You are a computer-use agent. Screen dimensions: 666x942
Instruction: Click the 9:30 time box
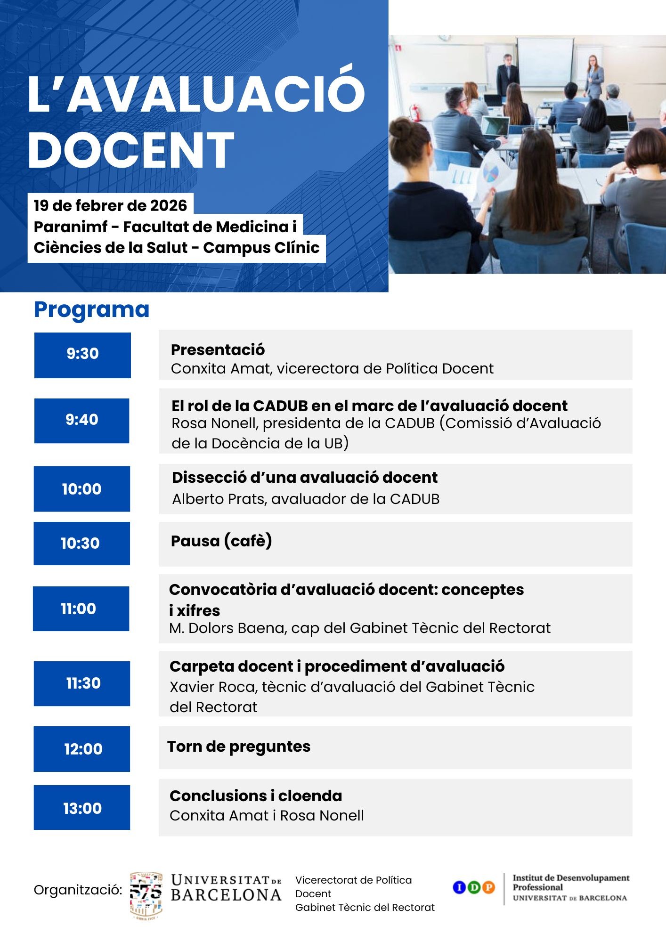(82, 355)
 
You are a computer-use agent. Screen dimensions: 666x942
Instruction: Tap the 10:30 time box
(82, 544)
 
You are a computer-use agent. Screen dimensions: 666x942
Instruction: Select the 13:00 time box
(82, 807)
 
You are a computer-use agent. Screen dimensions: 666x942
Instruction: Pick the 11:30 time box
(82, 683)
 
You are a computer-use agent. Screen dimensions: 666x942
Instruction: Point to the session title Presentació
(218, 349)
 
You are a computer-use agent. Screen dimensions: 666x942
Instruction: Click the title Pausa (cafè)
(221, 541)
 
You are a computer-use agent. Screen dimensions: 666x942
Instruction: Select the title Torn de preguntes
(239, 747)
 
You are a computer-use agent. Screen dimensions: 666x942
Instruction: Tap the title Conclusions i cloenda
(256, 796)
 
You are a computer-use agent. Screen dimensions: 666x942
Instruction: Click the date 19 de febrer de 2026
(110, 205)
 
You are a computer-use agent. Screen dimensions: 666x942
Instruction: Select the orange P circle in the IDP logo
(488, 887)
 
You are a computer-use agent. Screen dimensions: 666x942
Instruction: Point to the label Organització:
(78, 890)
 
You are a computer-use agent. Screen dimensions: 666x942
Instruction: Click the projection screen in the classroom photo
(545, 60)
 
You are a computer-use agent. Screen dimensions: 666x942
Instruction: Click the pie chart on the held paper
(491, 173)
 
